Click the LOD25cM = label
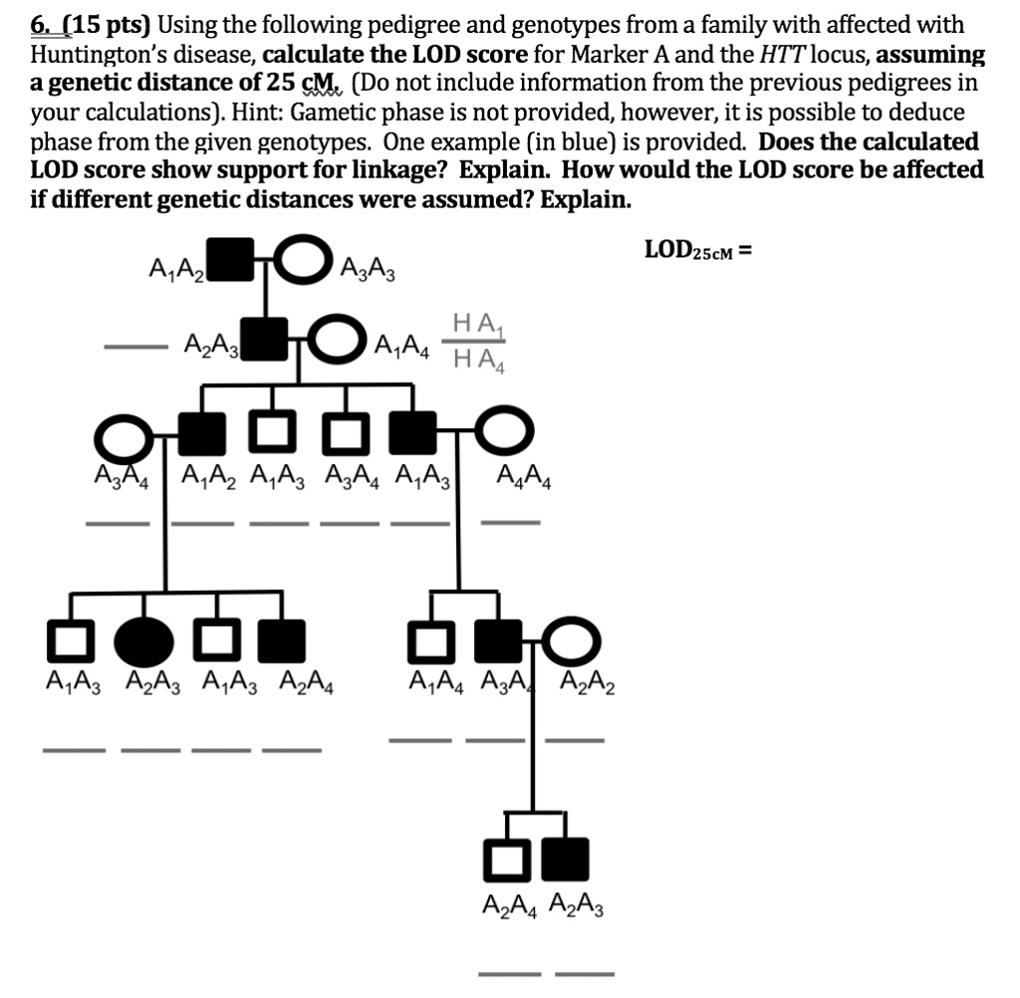pyautogui.click(x=697, y=248)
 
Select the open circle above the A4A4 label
pyautogui.click(x=507, y=433)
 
